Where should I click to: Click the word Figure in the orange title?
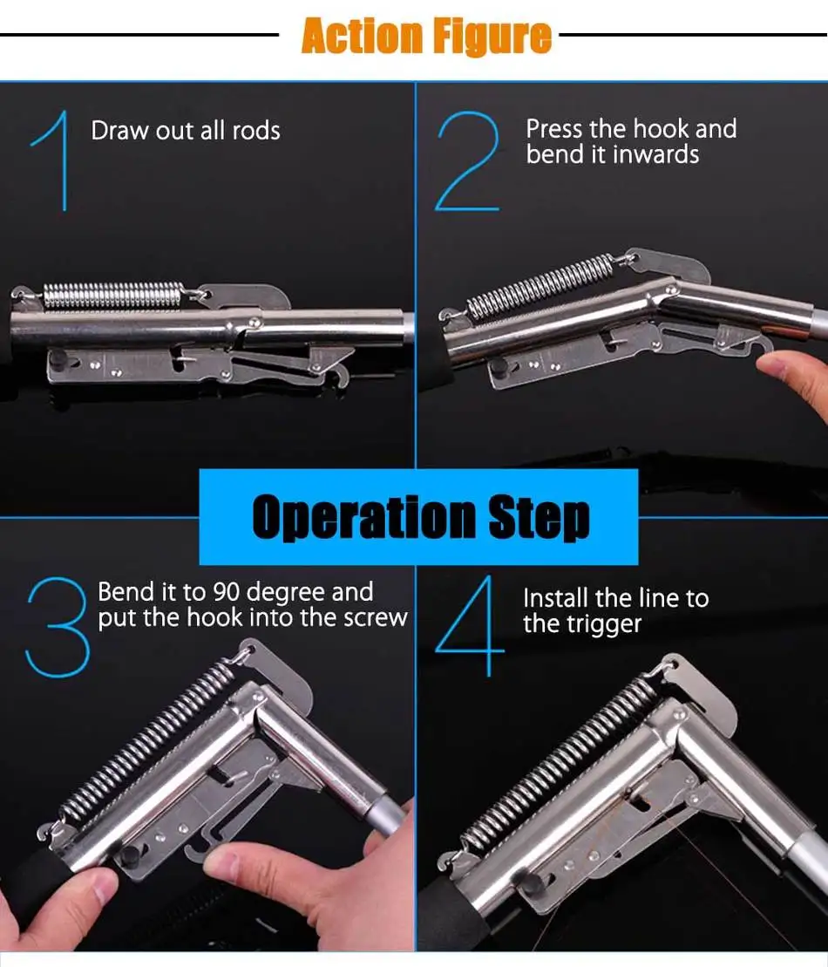[492, 37]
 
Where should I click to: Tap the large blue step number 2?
[467, 161]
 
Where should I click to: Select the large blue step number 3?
[58, 627]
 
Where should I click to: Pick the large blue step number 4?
[470, 626]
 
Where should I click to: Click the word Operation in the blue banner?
[363, 517]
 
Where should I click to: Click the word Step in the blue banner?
[539, 517]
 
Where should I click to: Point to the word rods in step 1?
[256, 131]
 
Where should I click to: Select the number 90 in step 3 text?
[227, 592]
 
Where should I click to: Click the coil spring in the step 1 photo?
[112, 296]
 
